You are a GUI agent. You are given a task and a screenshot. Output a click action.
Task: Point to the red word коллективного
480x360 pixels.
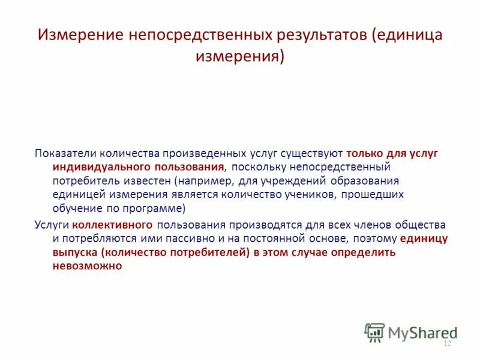click(x=113, y=225)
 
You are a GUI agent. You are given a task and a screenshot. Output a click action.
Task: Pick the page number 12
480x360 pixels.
click(x=446, y=344)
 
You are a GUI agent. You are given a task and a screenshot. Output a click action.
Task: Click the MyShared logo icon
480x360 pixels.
click(x=375, y=332)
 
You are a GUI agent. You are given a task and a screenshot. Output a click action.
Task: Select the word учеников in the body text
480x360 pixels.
click(x=331, y=194)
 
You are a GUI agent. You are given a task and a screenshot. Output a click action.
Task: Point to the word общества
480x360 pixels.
click(x=421, y=225)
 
